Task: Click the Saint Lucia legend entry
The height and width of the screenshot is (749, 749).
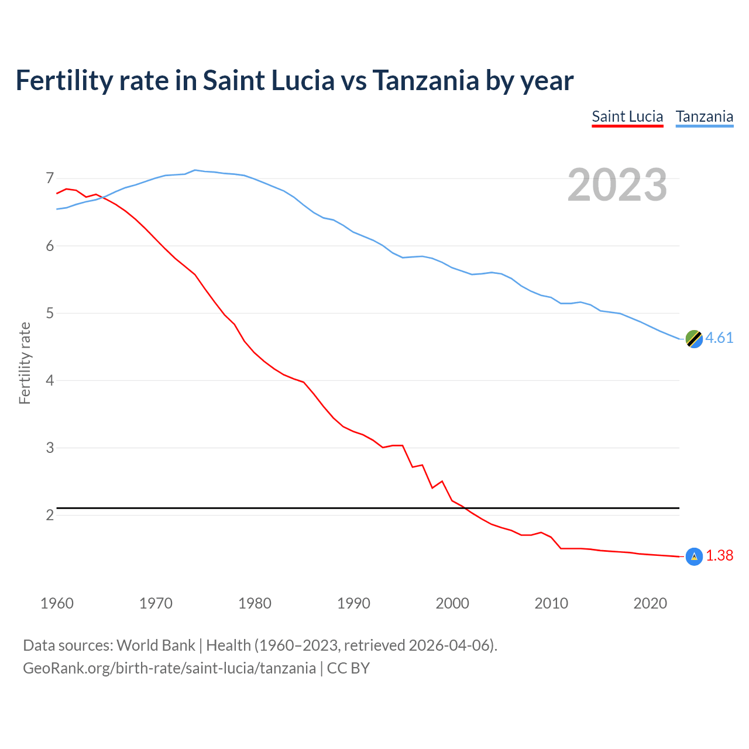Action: coord(627,116)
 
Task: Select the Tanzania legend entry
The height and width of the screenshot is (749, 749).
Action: coord(705,116)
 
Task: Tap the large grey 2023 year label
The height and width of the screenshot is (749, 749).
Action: coord(617,185)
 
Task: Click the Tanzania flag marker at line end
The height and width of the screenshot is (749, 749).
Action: coord(694,338)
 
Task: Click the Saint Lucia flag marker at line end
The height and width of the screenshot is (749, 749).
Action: coord(694,556)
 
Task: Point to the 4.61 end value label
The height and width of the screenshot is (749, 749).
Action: coord(719,338)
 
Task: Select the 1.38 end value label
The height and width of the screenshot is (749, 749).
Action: coord(719,556)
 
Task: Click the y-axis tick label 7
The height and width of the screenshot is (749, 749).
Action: coord(50,178)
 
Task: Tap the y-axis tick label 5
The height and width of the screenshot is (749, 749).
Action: coord(50,313)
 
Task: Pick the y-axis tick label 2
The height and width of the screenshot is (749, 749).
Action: coord(50,515)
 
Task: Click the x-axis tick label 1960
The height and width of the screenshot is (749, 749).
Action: coord(57,603)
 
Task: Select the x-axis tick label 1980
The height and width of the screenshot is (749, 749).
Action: coord(255,603)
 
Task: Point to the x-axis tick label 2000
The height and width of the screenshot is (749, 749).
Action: coord(452,603)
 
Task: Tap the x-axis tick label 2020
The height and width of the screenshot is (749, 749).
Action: coord(650,603)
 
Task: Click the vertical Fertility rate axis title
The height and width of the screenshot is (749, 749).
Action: coord(25,363)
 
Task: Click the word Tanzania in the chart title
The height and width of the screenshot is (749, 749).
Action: coord(425,81)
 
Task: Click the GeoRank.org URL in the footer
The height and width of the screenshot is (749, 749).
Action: coord(169,668)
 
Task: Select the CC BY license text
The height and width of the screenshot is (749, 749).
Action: coord(348,668)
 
